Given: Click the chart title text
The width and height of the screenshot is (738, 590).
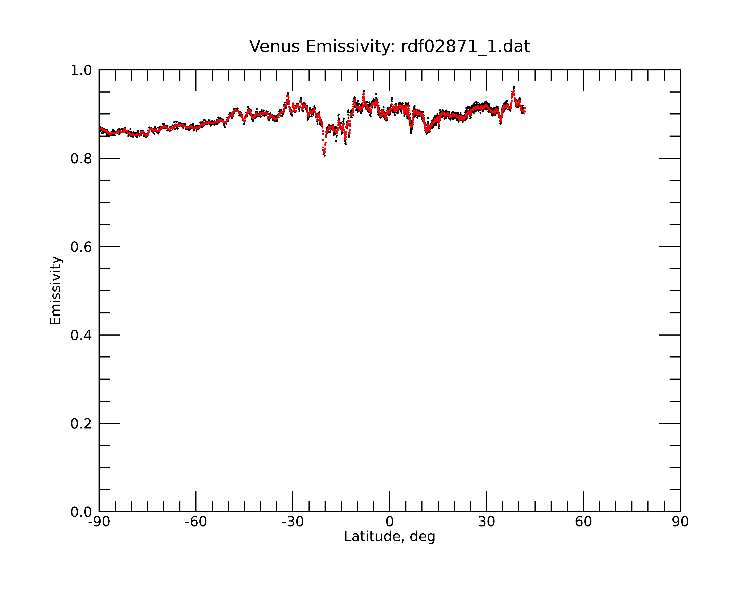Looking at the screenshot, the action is coord(389,46).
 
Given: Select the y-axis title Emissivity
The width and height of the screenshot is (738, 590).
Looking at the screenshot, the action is coord(56,290).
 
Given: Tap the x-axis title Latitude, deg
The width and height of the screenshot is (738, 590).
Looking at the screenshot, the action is coord(389,537).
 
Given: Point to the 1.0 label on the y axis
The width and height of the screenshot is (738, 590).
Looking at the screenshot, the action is coord(81,70).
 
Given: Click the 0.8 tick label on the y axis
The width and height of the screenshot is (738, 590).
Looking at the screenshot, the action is coord(81,159).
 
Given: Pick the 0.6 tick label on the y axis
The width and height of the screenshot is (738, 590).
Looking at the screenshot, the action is coord(81,247).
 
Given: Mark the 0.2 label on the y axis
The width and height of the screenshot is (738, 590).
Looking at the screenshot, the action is coord(81,424).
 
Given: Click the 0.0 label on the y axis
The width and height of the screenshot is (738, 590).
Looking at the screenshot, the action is coord(81,512).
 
